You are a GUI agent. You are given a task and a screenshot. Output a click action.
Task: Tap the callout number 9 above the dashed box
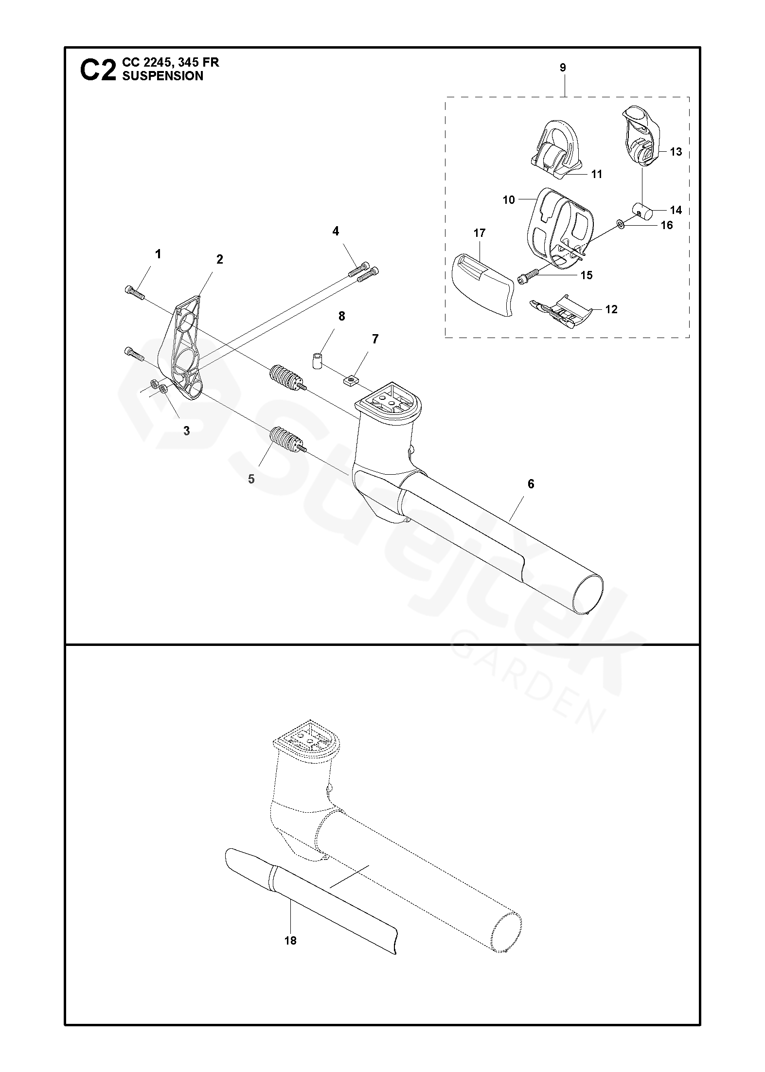pos(563,68)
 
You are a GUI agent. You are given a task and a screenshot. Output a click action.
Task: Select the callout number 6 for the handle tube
pos(531,483)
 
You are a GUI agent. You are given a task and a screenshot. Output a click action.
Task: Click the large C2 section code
pos(98,70)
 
